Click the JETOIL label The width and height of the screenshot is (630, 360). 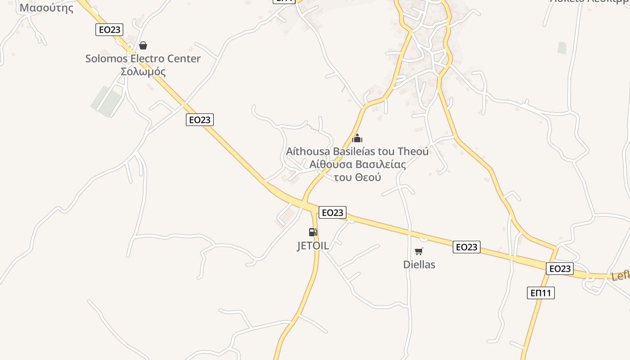pyautogui.click(x=313, y=246)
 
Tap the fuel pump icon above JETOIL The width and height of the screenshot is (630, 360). pyautogui.click(x=313, y=232)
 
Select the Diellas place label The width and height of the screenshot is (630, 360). pyautogui.click(x=419, y=264)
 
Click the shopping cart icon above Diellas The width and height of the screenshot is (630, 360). pyautogui.click(x=419, y=251)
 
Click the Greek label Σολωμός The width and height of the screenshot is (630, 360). pyautogui.click(x=143, y=72)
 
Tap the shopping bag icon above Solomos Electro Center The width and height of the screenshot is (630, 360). pyautogui.click(x=143, y=45)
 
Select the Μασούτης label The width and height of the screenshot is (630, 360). pyautogui.click(x=46, y=8)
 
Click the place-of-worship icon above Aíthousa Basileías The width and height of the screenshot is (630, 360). pyautogui.click(x=357, y=138)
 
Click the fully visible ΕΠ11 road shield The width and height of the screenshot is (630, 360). pyautogui.click(x=540, y=293)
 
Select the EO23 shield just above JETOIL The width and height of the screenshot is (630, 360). pyautogui.click(x=333, y=213)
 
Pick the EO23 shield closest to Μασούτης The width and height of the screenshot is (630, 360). pyautogui.click(x=109, y=30)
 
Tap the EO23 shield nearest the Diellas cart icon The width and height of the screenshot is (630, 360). pyautogui.click(x=467, y=247)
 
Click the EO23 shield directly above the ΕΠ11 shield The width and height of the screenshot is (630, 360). pyautogui.click(x=560, y=269)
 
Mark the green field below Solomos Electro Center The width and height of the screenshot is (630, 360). pyautogui.click(x=107, y=101)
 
